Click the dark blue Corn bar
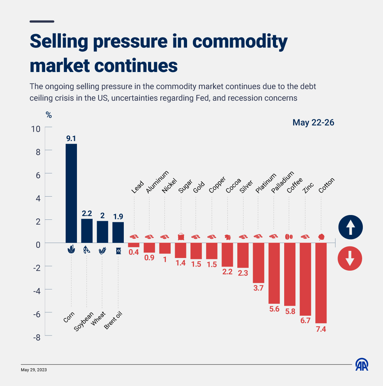pyautogui.click(x=71, y=193)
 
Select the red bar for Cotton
pyautogui.click(x=321, y=283)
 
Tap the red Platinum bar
pyautogui.click(x=258, y=263)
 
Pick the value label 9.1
pyautogui.click(x=71, y=139)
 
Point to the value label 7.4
pyautogui.click(x=321, y=329)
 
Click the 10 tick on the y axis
pyautogui.click(x=36, y=129)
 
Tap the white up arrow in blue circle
pyautogui.click(x=350, y=227)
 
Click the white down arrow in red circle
pyautogui.click(x=349, y=258)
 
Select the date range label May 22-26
pyautogui.click(x=313, y=123)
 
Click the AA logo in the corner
pyautogui.click(x=362, y=364)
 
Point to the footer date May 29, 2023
pyautogui.click(x=34, y=370)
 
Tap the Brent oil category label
pyautogui.click(x=113, y=320)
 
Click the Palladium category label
pyautogui.click(x=282, y=183)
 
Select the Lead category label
pyautogui.click(x=138, y=187)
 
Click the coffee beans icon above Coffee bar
pyautogui.click(x=289, y=237)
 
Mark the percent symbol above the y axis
pyautogui.click(x=49, y=115)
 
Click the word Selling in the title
pyautogui.click(x=59, y=41)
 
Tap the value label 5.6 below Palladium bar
pyautogui.click(x=274, y=309)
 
